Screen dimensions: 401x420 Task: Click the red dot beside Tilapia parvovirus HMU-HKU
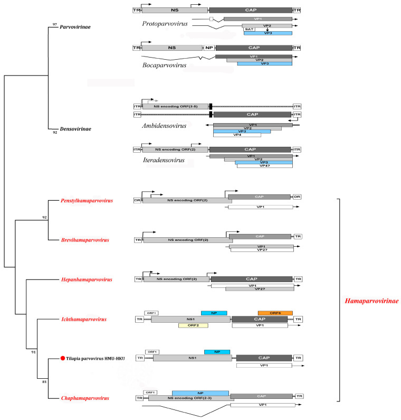click(63, 358)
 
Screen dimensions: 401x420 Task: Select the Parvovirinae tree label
click(75, 27)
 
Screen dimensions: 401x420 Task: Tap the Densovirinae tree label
click(75, 129)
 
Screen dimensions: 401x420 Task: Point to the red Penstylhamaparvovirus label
click(87, 201)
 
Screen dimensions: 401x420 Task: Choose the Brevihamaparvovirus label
click(85, 240)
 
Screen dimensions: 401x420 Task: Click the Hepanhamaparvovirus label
click(87, 279)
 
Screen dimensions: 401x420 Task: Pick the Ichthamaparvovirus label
click(84, 319)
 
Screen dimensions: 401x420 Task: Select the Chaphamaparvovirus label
click(85, 398)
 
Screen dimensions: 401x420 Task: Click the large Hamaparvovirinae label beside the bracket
click(371, 301)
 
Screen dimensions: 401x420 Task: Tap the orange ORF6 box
click(275, 313)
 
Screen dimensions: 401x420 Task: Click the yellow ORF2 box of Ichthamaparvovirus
click(193, 325)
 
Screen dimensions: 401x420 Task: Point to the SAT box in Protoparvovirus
click(250, 29)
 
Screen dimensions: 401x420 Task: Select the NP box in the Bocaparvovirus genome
click(209, 48)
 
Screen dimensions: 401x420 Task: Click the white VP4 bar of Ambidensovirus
click(237, 135)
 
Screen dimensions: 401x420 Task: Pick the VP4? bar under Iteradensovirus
click(265, 166)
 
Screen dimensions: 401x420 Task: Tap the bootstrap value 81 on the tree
click(44, 381)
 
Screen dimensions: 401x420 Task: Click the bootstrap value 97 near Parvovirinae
click(55, 24)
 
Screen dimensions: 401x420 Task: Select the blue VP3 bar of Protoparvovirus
click(268, 33)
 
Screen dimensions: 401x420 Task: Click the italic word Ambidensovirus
click(164, 126)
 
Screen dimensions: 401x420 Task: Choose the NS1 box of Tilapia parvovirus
click(193, 358)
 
